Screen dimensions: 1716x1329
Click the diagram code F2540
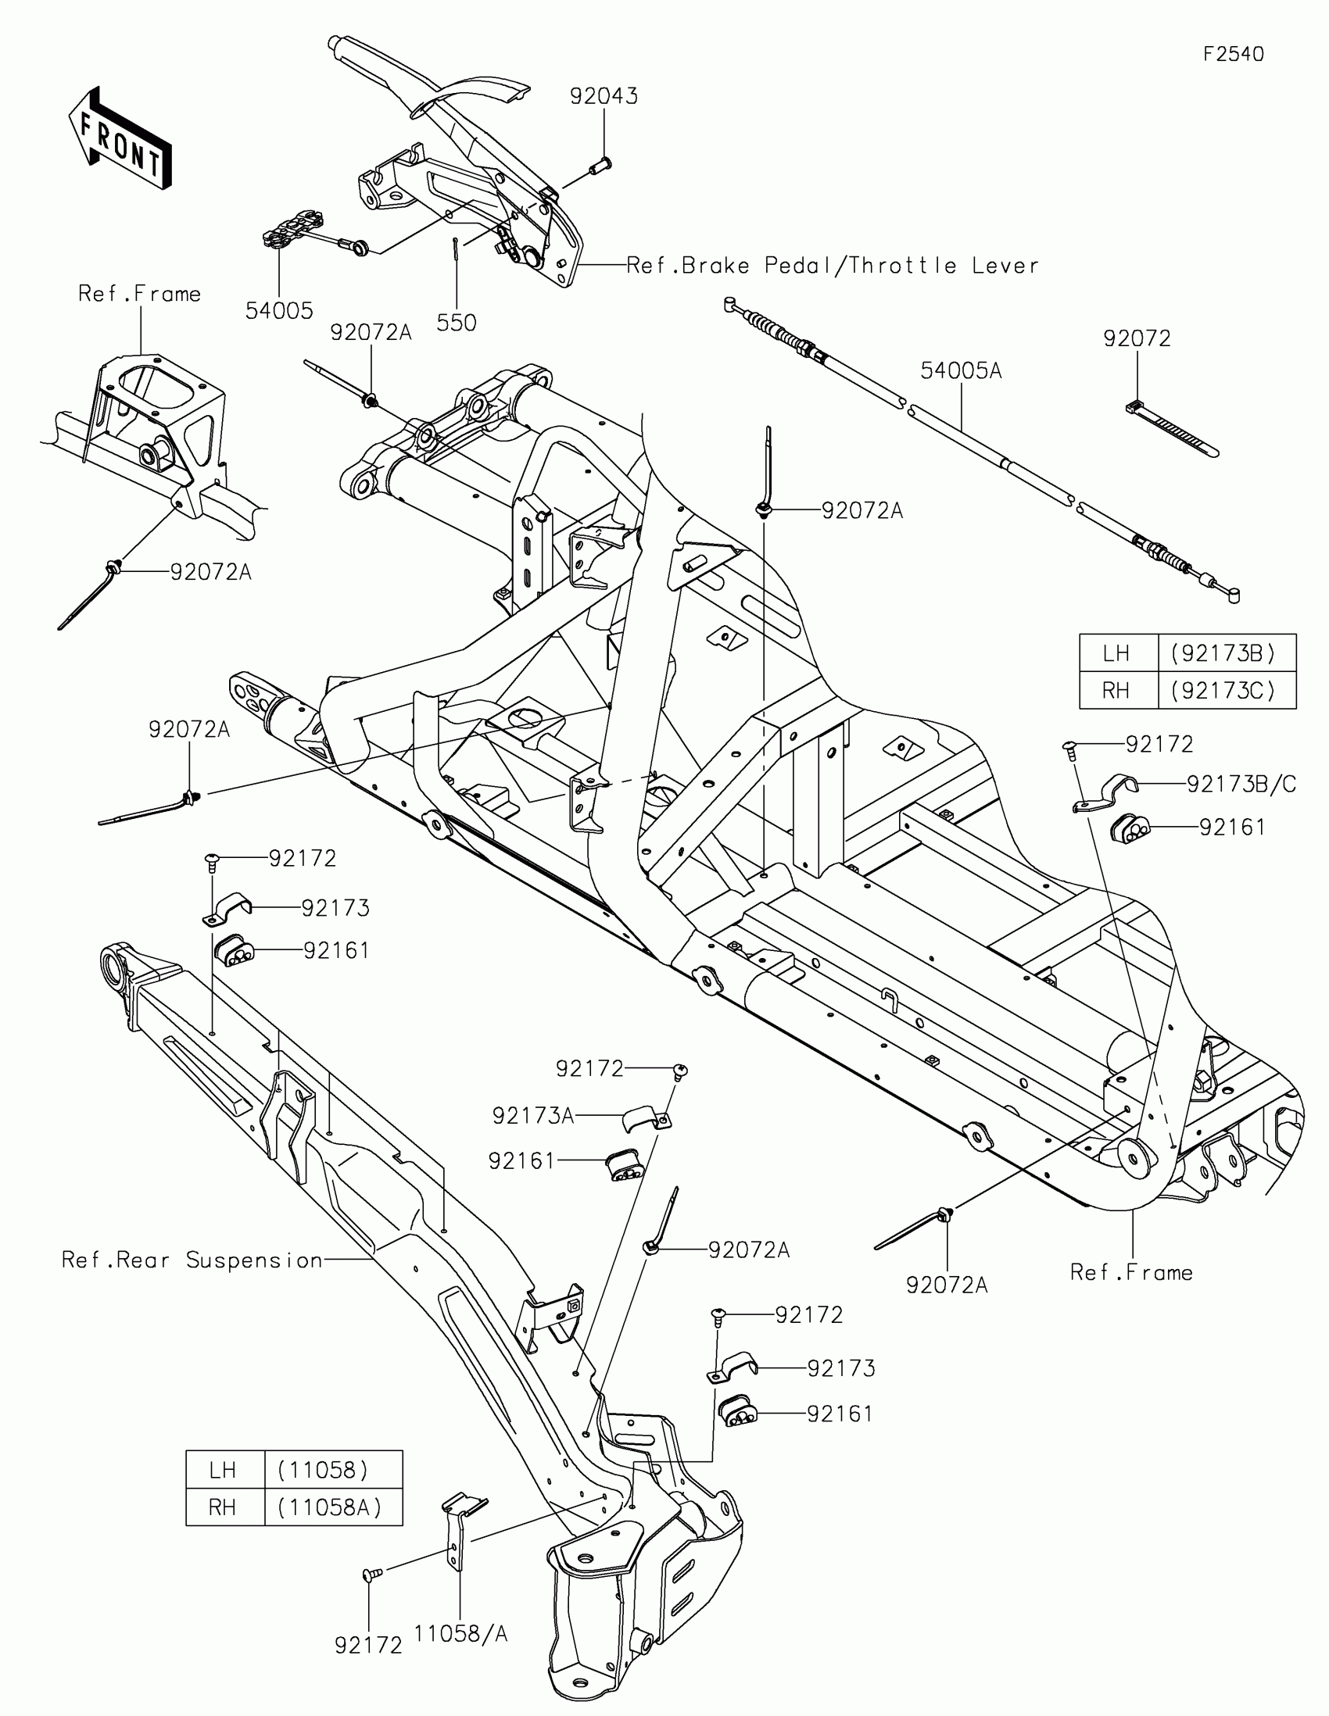click(1234, 54)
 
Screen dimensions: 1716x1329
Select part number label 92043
click(604, 96)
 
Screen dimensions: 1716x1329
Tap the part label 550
click(457, 323)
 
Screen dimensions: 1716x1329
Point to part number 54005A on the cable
click(962, 370)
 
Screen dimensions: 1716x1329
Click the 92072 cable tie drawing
click(1172, 428)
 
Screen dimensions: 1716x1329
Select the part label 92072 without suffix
click(1137, 338)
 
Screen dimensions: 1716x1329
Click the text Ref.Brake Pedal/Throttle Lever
click(833, 266)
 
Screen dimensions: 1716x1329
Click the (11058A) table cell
click(330, 1507)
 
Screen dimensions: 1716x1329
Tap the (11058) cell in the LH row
click(323, 1469)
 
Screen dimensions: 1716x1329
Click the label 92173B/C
click(1241, 783)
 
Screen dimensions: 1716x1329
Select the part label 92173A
click(533, 1116)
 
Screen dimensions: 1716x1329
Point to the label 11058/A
click(460, 1633)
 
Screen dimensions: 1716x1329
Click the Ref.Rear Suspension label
click(192, 1260)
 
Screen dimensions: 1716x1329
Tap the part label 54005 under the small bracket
click(279, 311)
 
